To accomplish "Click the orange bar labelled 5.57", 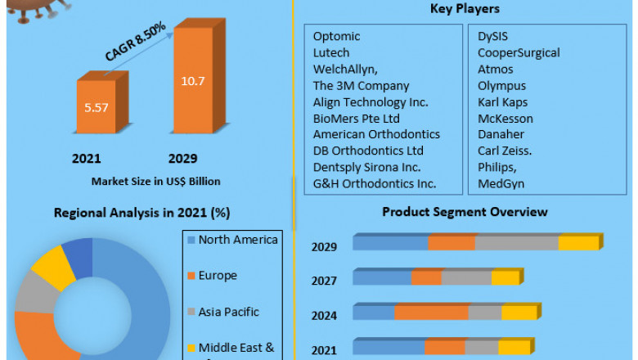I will (x=97, y=106).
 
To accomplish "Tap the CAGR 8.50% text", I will (x=136, y=42).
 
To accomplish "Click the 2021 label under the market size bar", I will (x=87, y=158).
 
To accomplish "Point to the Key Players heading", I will (x=465, y=9).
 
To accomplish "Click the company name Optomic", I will (x=336, y=37).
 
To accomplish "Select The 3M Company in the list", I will (x=361, y=86).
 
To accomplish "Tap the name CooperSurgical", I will (x=519, y=53).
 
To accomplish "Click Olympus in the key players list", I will (x=501, y=86).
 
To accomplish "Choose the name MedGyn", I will (x=501, y=183).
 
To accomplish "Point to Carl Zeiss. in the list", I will (x=505, y=151).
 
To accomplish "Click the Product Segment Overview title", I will (x=465, y=212).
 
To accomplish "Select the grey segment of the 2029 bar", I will (x=517, y=243).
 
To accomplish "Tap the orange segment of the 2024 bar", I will (x=431, y=313).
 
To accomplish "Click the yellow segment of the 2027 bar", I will (x=505, y=278).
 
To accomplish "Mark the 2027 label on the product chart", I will (x=324, y=281).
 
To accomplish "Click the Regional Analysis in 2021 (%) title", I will (x=141, y=213).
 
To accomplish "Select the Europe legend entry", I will (x=218, y=276).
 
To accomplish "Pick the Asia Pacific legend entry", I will (x=228, y=312).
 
